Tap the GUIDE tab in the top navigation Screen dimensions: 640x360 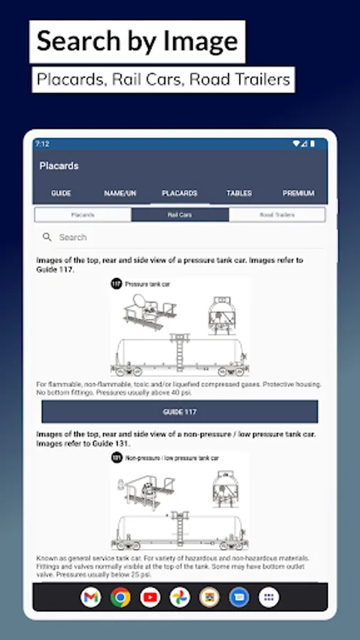tap(61, 193)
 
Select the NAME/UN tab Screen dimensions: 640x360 tap(120, 193)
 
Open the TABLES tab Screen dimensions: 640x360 tap(239, 193)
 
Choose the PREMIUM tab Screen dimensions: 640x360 tap(298, 193)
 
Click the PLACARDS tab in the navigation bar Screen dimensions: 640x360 tap(179, 193)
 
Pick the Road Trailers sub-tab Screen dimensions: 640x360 tap(277, 214)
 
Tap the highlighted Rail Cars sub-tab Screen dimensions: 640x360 tap(180, 214)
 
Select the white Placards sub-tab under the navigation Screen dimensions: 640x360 tap(83, 214)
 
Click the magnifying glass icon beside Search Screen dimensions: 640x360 tap(48, 238)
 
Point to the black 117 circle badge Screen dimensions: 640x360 tap(116, 284)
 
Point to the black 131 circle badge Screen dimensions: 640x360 tap(116, 459)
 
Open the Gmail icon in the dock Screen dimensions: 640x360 tap(91, 597)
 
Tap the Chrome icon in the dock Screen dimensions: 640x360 tap(120, 597)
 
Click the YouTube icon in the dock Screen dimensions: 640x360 tap(150, 597)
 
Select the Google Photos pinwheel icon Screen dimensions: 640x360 tap(180, 597)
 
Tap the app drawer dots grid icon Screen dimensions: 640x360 tap(268, 597)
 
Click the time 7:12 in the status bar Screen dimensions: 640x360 tap(42, 144)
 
